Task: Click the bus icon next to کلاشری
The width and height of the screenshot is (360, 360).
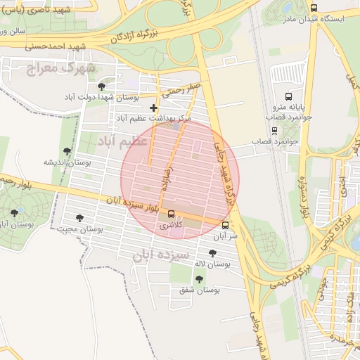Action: (x=172, y=213)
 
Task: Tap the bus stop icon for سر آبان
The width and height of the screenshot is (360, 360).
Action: (x=225, y=226)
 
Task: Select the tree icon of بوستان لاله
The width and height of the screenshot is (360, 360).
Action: (x=212, y=253)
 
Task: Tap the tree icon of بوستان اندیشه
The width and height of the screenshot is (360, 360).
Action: (x=67, y=151)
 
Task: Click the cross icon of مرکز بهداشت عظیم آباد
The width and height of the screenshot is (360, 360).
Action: (x=154, y=108)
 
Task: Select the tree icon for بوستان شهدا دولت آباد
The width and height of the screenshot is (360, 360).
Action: (x=102, y=86)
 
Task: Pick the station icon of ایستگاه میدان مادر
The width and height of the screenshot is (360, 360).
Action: (x=313, y=8)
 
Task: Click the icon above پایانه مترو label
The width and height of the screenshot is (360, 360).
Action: (x=288, y=96)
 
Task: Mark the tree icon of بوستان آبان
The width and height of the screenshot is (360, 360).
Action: (x=15, y=212)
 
